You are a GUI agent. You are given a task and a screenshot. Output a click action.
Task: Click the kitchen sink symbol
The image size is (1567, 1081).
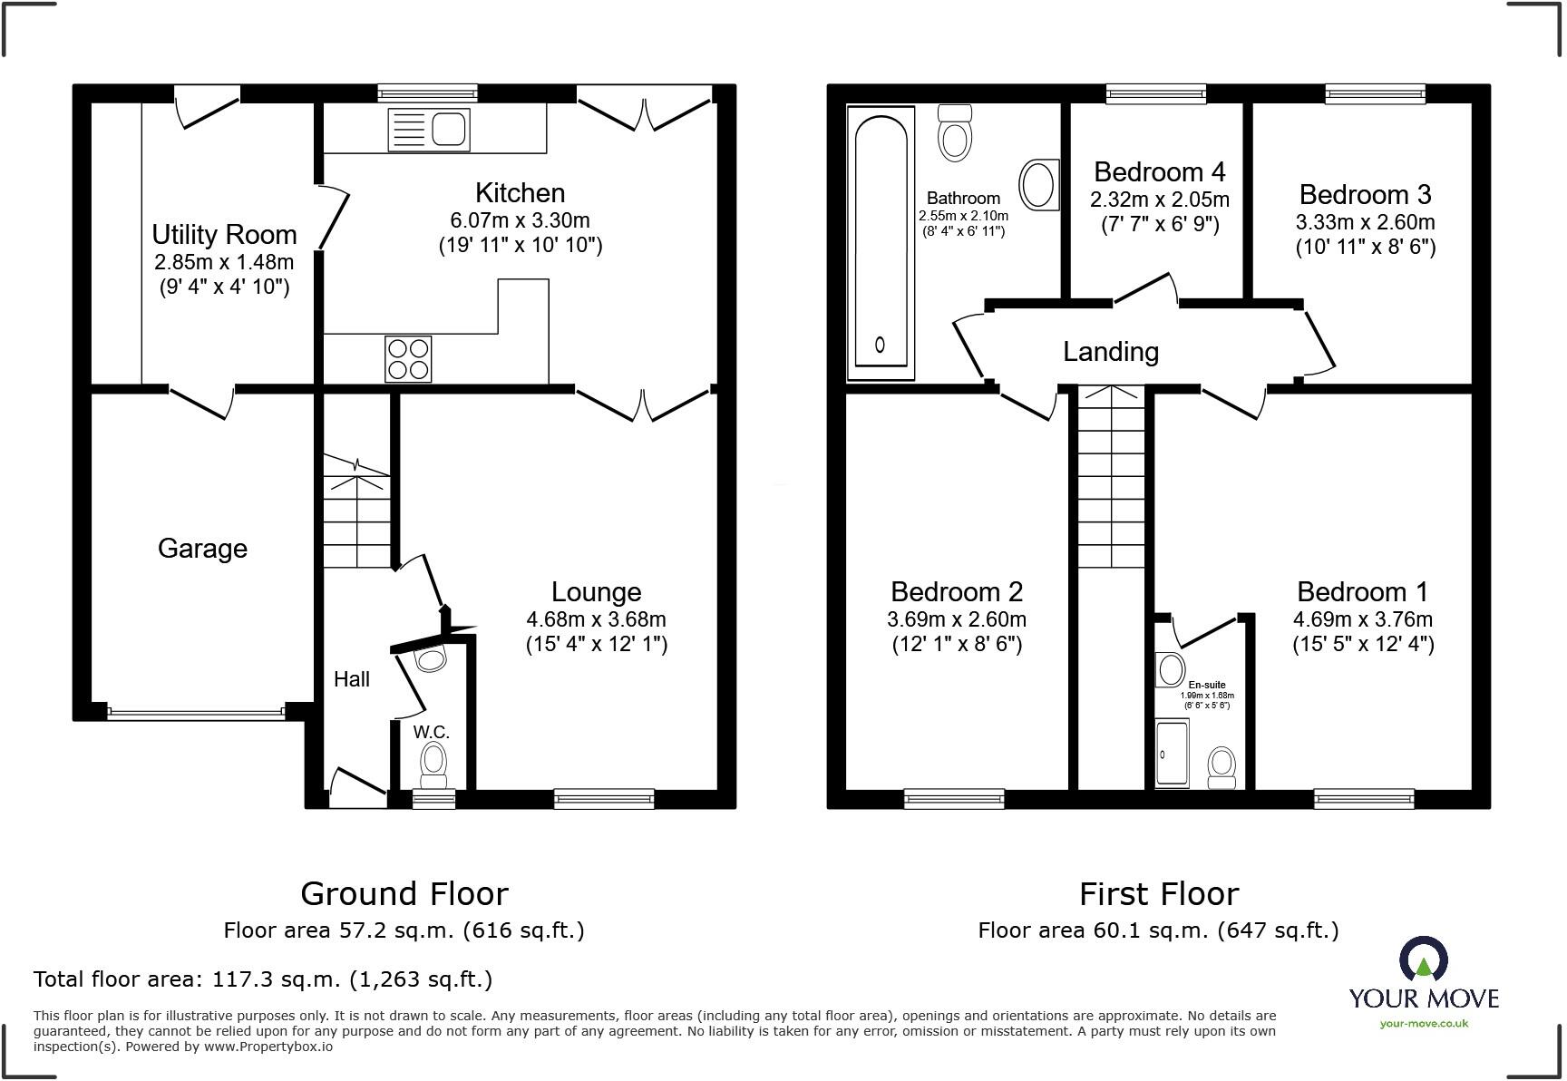click(x=428, y=129)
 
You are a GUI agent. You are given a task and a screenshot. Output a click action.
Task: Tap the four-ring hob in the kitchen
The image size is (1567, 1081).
click(x=408, y=358)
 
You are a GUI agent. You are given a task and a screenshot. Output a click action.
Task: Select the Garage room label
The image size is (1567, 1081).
click(x=202, y=549)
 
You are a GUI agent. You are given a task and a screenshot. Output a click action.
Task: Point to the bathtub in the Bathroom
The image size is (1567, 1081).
click(x=881, y=242)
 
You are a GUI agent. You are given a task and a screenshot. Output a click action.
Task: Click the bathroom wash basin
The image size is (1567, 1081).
click(x=1039, y=184)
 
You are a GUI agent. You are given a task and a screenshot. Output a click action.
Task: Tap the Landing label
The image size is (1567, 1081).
click(x=1111, y=352)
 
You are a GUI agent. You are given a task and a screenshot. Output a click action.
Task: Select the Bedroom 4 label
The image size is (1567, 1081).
click(x=1159, y=171)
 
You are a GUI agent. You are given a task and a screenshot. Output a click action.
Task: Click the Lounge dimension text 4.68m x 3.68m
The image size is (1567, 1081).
click(x=596, y=619)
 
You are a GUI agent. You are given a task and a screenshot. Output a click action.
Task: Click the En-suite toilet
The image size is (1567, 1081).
click(x=1222, y=767)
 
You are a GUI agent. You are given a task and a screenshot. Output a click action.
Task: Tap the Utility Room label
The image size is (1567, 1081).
click(x=224, y=235)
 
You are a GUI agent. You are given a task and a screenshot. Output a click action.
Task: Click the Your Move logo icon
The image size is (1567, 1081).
click(x=1423, y=959)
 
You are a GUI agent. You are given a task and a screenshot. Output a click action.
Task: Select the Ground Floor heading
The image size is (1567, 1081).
click(x=404, y=894)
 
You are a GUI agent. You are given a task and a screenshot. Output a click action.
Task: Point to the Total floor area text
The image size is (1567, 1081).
click(x=263, y=979)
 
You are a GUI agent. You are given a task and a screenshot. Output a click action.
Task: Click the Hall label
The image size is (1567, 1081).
click(x=351, y=679)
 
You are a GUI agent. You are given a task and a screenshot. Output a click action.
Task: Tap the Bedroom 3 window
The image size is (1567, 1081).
click(x=1375, y=93)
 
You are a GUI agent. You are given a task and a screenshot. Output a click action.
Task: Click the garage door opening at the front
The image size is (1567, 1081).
click(x=196, y=714)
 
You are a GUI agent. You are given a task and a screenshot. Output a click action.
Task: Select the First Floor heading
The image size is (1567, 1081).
click(x=1158, y=894)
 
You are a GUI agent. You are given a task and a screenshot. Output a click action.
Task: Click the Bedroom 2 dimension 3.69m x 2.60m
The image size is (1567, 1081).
click(x=957, y=619)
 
